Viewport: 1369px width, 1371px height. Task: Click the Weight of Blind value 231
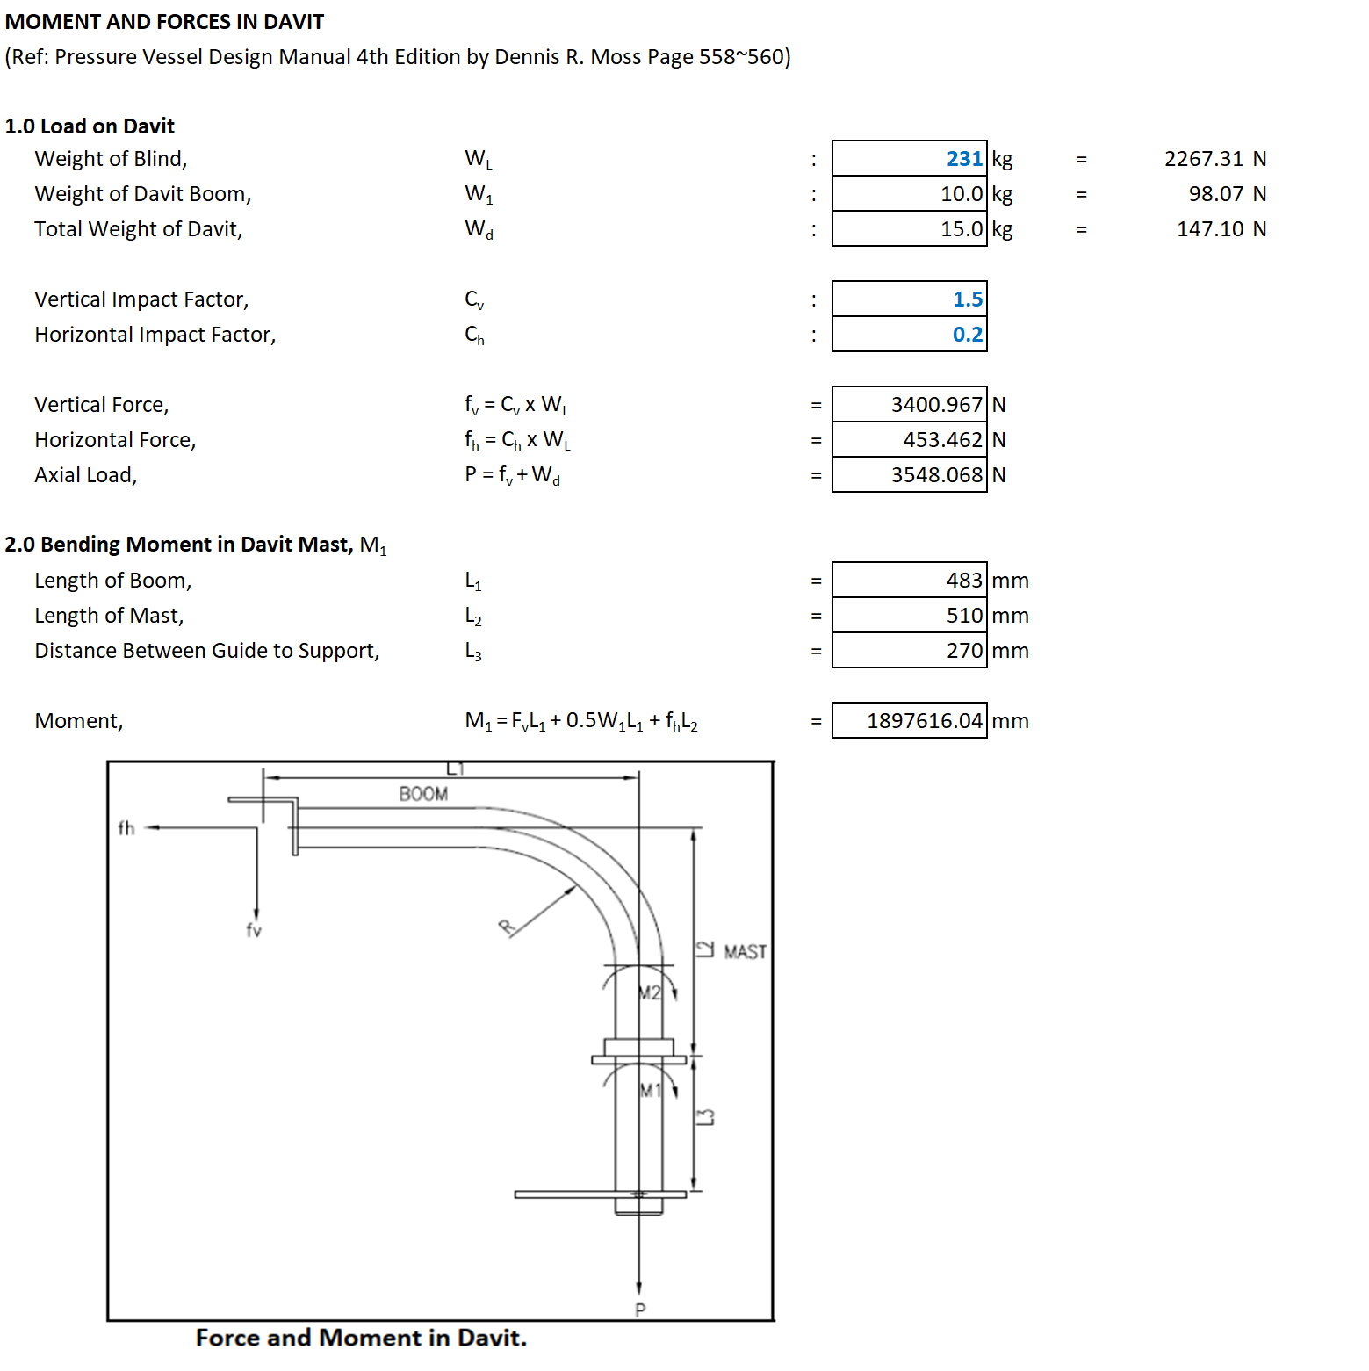964,159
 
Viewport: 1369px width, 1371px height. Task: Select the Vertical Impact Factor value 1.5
968,299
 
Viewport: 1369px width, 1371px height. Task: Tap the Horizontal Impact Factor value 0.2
968,335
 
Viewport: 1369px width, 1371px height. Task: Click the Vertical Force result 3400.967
937,405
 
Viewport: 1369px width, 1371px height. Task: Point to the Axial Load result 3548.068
937,475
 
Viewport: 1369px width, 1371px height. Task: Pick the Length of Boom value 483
964,581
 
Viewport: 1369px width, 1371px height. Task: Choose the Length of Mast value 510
964,616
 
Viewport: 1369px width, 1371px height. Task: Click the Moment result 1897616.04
925,721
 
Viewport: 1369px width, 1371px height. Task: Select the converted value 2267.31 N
1215,159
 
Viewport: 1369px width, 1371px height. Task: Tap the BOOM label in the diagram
423,794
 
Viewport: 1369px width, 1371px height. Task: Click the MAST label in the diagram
746,952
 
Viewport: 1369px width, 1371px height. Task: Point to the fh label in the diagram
126,827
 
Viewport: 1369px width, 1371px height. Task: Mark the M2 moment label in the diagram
650,992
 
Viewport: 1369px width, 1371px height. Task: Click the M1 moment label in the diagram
650,1091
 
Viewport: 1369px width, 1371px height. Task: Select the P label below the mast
640,1310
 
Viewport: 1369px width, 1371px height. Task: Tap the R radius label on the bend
507,927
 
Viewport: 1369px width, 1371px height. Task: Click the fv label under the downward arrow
254,930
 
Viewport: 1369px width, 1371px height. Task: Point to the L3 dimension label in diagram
705,1117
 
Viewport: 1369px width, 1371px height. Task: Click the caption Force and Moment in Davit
361,1338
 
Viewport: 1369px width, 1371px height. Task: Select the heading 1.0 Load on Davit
90,126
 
